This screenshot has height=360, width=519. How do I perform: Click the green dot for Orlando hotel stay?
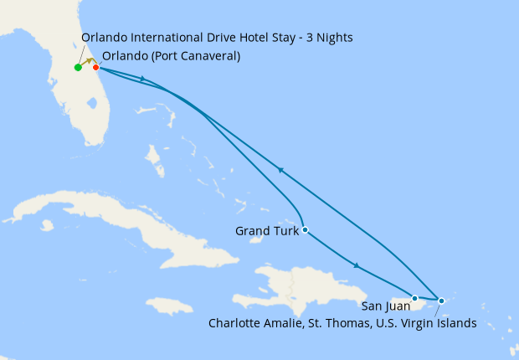(x=78, y=68)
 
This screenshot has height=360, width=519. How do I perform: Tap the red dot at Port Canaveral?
(x=95, y=68)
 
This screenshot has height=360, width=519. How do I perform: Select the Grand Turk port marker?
(x=305, y=229)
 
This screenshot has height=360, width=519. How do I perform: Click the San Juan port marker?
(x=414, y=298)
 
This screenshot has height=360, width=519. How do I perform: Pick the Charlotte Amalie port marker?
(x=441, y=300)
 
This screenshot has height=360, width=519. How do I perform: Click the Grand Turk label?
(x=266, y=230)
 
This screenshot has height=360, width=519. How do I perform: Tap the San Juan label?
(x=386, y=306)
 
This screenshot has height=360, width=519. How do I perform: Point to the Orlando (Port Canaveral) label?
(x=171, y=57)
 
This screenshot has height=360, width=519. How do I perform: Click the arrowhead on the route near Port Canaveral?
(x=146, y=80)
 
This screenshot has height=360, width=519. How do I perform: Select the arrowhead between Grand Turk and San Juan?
(x=357, y=266)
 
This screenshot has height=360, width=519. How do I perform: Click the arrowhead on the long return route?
(x=281, y=170)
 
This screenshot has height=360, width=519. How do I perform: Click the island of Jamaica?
(x=168, y=306)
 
